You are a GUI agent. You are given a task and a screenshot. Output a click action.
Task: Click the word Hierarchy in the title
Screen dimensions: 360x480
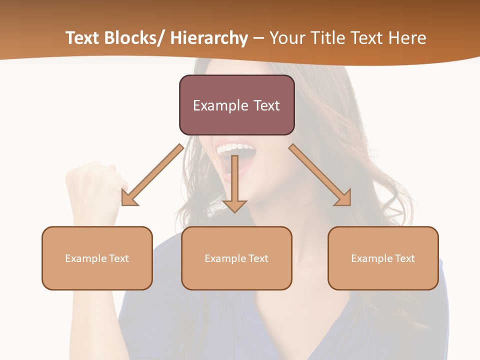[209, 38]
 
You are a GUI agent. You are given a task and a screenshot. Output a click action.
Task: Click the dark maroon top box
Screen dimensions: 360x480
[236, 105]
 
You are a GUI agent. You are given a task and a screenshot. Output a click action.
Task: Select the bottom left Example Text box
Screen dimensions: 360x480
[97, 258]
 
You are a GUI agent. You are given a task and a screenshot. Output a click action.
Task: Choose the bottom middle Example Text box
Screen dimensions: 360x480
[236, 258]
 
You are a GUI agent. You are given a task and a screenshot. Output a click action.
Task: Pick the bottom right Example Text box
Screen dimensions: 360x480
[383, 258]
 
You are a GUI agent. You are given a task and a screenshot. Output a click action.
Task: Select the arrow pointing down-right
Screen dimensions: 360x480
[320, 174]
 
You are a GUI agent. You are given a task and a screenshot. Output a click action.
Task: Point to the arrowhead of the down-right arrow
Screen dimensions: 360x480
[344, 198]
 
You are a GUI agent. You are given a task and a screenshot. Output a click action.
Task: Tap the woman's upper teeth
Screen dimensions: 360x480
[235, 148]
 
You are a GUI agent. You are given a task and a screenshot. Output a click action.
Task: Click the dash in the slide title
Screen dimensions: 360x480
[258, 38]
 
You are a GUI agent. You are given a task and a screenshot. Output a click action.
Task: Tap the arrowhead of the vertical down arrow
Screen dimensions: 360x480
[234, 205]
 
